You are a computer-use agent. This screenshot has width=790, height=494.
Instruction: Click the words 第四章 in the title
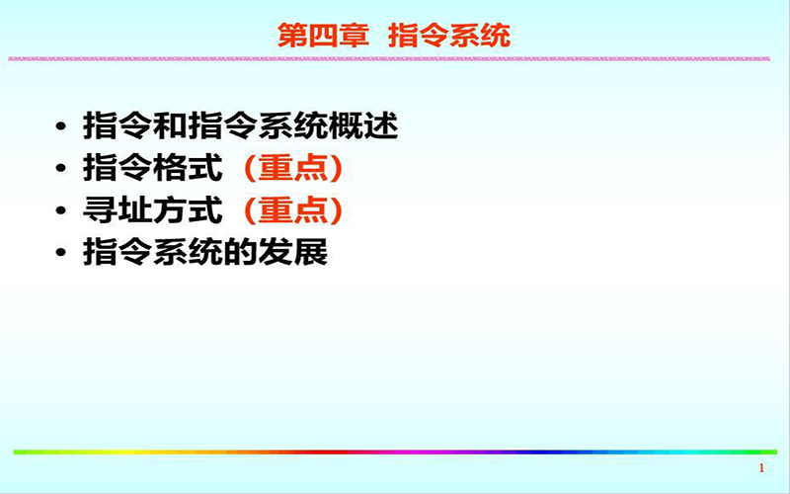point(323,36)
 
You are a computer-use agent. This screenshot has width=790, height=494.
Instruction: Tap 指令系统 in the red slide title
point(449,36)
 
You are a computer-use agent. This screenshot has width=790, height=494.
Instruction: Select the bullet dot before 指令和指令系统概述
point(61,126)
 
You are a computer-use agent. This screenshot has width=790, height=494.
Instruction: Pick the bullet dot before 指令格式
point(61,168)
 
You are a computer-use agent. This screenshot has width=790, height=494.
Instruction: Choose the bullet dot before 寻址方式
point(61,210)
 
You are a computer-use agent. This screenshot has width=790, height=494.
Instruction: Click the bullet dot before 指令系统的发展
point(61,252)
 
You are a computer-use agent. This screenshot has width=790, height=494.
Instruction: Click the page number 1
point(761,468)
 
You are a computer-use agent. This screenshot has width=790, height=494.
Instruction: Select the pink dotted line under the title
point(389,59)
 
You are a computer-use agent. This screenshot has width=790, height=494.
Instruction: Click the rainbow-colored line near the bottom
point(396,453)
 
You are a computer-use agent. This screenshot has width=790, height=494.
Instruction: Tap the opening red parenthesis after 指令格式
point(251,168)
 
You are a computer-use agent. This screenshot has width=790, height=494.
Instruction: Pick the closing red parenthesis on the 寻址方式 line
point(336,210)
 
